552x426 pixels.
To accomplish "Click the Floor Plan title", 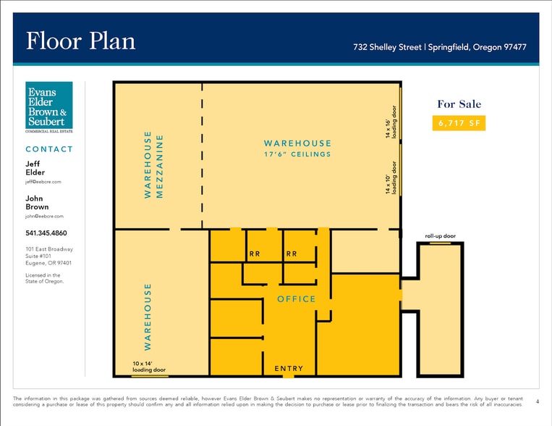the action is click(x=80, y=41).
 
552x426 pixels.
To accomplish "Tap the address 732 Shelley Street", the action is click(x=387, y=47).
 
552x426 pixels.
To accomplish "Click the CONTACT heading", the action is click(x=49, y=149).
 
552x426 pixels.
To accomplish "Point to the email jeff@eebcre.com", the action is click(x=43, y=182).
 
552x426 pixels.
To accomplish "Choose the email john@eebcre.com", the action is click(x=44, y=216).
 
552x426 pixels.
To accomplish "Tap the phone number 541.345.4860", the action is click(x=46, y=233).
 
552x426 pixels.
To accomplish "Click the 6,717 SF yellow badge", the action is click(x=459, y=123).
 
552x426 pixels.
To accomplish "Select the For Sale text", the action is click(x=459, y=104).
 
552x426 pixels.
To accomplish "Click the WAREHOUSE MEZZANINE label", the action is click(x=153, y=164).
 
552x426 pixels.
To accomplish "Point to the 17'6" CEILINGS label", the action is click(x=297, y=154).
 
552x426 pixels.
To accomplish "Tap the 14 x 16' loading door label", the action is click(x=391, y=122).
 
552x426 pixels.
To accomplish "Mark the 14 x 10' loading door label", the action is click(x=391, y=177).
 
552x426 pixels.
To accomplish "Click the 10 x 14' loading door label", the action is click(x=149, y=367).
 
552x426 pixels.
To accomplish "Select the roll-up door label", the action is click(x=441, y=236).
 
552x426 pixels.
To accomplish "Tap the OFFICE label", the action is click(x=297, y=299).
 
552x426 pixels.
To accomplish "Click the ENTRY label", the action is click(x=289, y=369).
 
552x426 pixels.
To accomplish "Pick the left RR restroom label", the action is click(x=255, y=254).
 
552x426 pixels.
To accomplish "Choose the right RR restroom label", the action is click(x=292, y=254).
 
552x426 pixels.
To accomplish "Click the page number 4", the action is click(x=538, y=401).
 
